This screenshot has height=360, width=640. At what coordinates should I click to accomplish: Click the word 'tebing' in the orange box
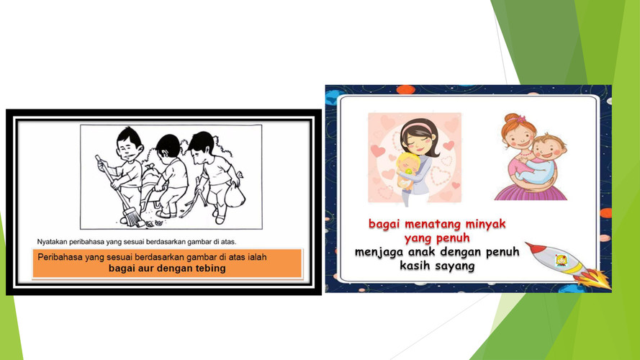(x=211, y=269)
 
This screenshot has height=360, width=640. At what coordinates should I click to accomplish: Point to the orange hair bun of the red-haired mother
(x=513, y=118)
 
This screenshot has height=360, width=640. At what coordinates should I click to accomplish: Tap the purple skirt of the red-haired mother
(x=531, y=192)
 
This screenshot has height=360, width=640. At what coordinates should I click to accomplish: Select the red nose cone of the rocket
(x=533, y=246)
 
